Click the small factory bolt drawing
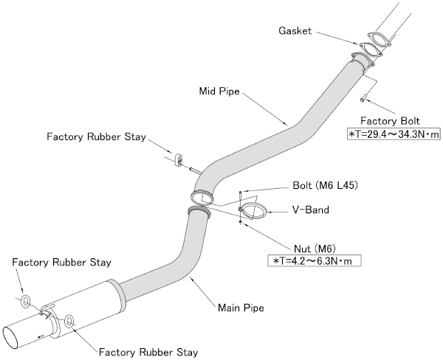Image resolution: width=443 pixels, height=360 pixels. (363, 98)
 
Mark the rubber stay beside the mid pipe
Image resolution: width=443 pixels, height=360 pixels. (179, 160)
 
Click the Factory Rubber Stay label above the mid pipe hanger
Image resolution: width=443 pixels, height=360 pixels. (96, 137)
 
